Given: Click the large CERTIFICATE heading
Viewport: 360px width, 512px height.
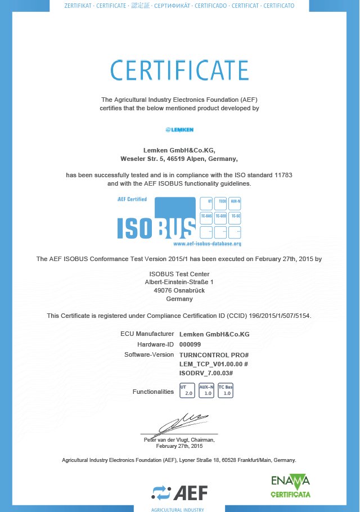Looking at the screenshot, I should click(179, 70).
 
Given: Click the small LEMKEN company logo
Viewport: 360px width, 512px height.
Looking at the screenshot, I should click(179, 129).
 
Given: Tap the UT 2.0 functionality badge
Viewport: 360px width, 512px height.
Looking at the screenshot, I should click(187, 390).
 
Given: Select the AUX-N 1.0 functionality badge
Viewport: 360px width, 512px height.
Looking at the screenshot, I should click(206, 390).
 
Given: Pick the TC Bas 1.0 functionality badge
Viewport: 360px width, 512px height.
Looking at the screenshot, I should click(226, 390).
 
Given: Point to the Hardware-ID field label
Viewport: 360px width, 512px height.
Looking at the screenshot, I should click(155, 344).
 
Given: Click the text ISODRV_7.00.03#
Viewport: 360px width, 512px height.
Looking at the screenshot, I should click(206, 373).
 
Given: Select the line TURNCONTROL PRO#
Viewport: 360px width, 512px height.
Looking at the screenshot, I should click(214, 355).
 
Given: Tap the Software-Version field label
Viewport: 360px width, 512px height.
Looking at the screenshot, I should click(149, 355).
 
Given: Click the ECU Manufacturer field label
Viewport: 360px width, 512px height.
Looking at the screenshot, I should click(147, 334).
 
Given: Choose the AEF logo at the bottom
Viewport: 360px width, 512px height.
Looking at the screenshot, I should click(179, 493).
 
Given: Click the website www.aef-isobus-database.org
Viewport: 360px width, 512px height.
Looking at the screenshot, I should click(207, 244).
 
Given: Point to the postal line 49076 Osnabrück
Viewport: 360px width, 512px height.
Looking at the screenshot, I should click(179, 290).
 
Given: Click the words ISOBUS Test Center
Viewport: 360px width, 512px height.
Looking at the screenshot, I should click(179, 274).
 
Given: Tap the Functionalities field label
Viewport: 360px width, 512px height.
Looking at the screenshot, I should click(153, 392).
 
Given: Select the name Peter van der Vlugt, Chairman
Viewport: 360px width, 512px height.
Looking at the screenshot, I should click(179, 439).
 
